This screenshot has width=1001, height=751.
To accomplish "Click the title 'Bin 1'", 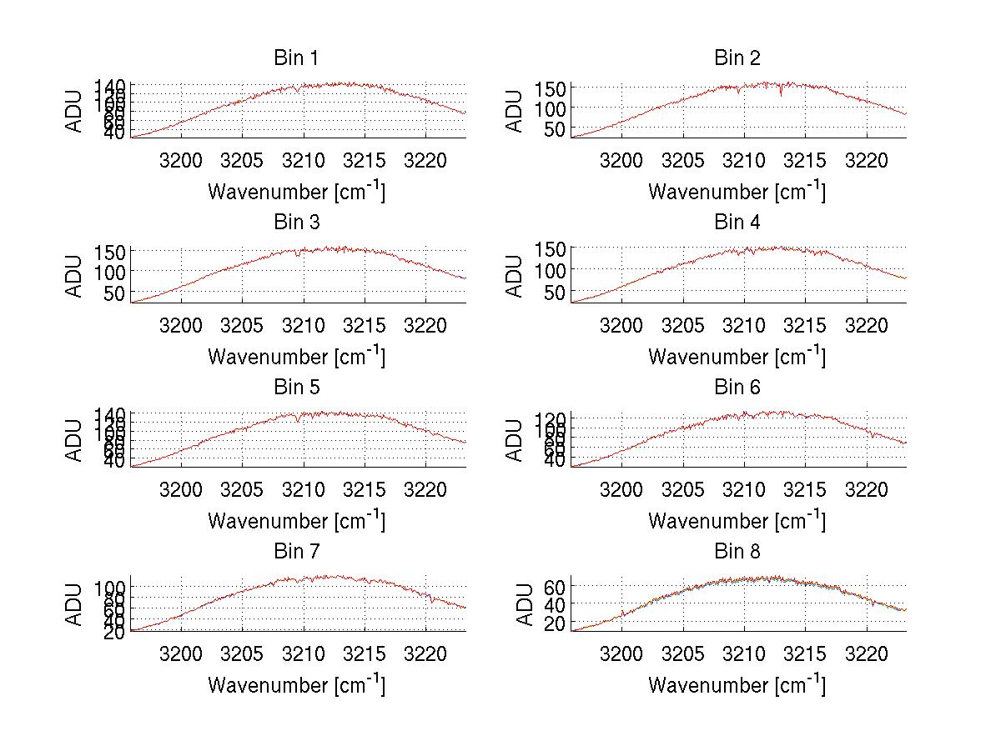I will point(295,58).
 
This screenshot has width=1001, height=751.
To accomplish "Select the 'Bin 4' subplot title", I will point(737,223).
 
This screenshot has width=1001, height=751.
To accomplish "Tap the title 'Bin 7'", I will point(295,552).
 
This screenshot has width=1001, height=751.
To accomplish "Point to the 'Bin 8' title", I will point(737,552).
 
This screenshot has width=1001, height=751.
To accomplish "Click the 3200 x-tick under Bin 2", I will point(621,160).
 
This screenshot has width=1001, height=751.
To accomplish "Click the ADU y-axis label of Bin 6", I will point(516,440).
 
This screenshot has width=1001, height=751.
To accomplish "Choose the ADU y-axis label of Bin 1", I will point(75,110).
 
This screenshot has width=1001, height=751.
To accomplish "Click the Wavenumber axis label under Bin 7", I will point(296,684).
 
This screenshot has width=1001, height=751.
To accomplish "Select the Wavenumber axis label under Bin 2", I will point(737,191).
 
